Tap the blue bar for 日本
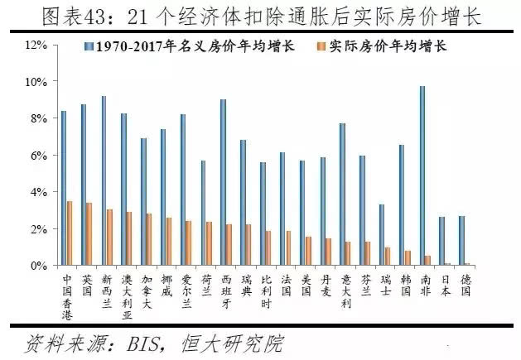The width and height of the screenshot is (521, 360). pyautogui.click(x=442, y=241)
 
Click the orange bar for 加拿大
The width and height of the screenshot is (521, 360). pyautogui.click(x=149, y=239)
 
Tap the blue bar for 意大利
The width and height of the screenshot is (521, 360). pyautogui.click(x=343, y=194)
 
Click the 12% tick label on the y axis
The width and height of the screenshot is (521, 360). pyautogui.click(x=36, y=45)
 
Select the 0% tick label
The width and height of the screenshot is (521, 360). pyautogui.click(x=39, y=265)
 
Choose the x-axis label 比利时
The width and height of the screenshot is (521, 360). pyautogui.click(x=266, y=290)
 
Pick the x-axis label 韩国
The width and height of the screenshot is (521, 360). pyautogui.click(x=406, y=285)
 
